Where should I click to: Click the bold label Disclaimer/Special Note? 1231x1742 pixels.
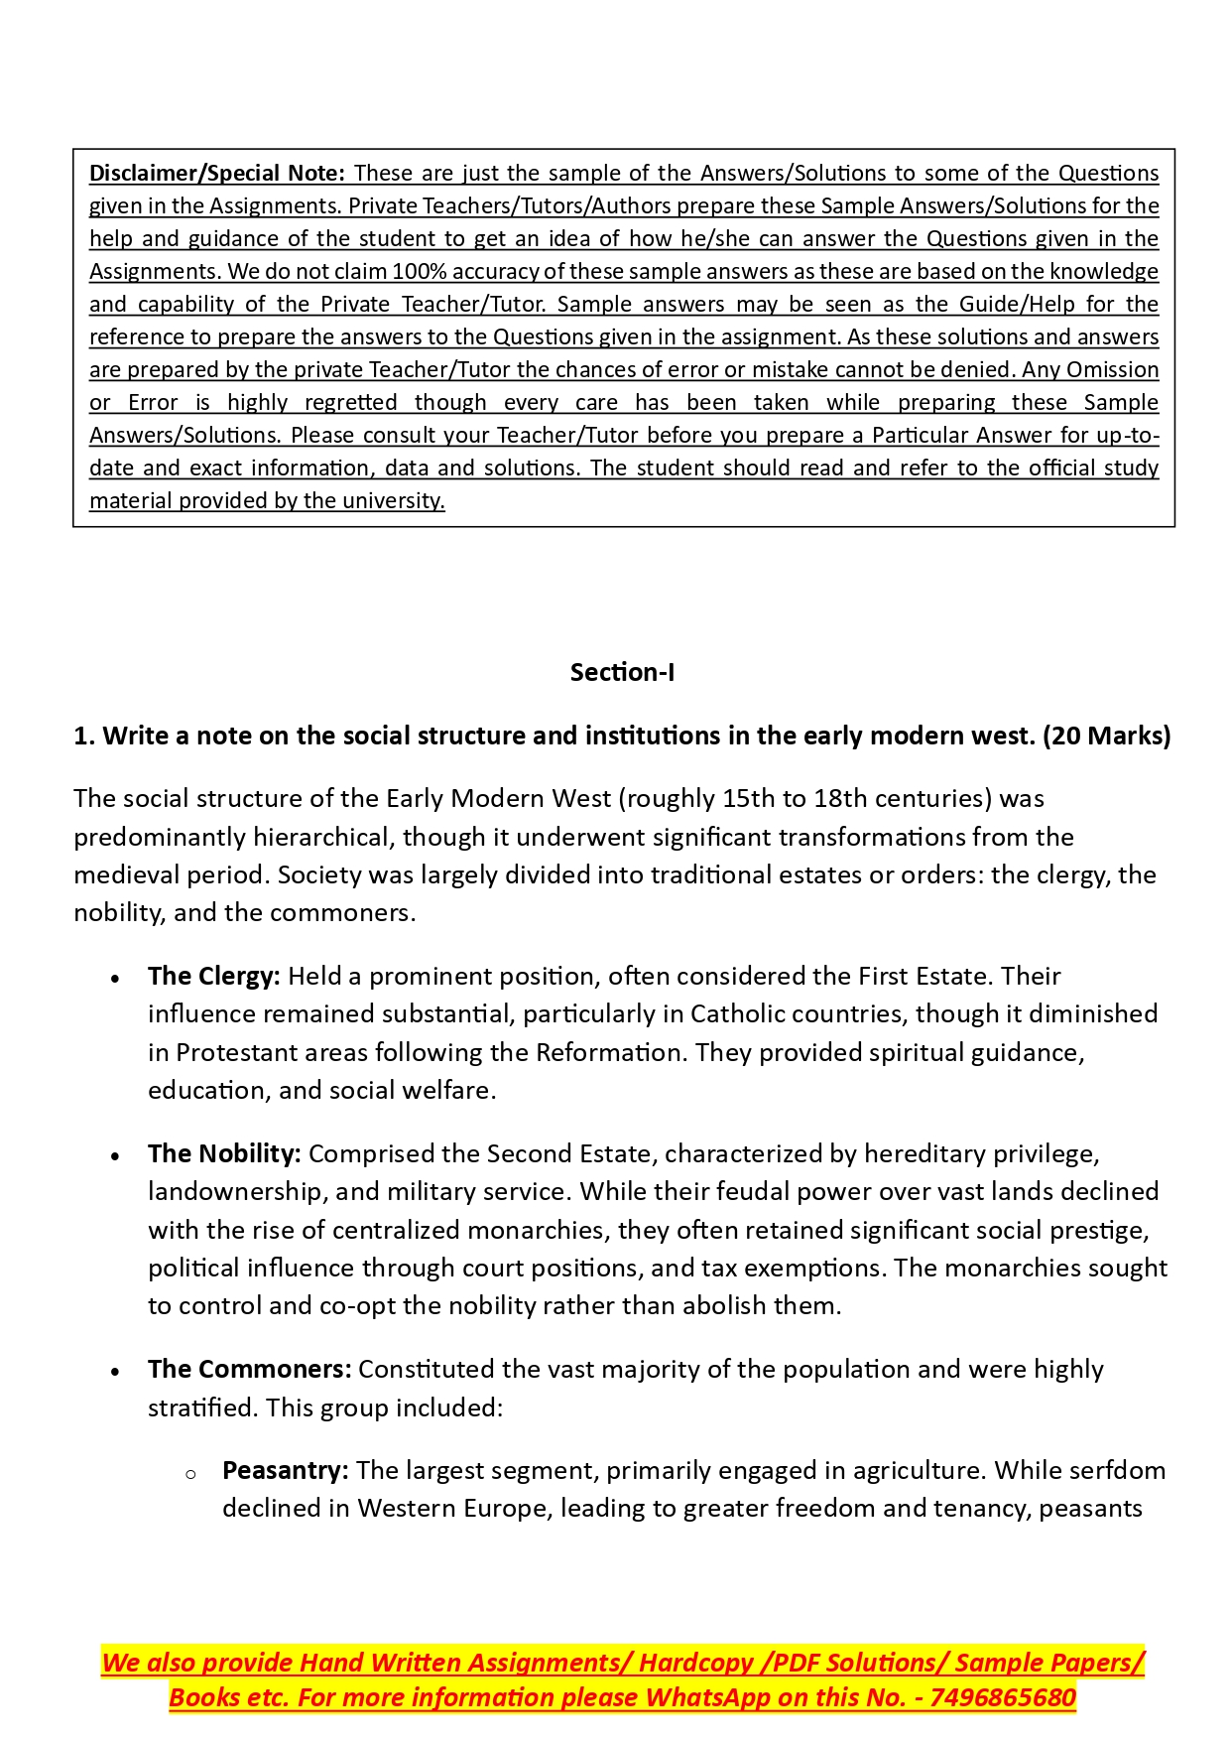pyautogui.click(x=216, y=173)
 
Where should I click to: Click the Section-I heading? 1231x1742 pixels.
pyautogui.click(x=622, y=672)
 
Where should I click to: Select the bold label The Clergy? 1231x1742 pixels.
pyautogui.click(x=214, y=976)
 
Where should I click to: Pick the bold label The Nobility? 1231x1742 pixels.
pyautogui.click(x=224, y=1153)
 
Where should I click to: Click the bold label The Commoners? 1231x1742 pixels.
pyautogui.click(x=249, y=1369)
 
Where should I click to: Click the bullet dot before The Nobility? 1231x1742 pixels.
pyautogui.click(x=116, y=1156)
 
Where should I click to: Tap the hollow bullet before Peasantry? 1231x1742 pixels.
pyautogui.click(x=190, y=1474)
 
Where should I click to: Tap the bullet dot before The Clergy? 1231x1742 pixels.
pyautogui.click(x=116, y=979)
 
